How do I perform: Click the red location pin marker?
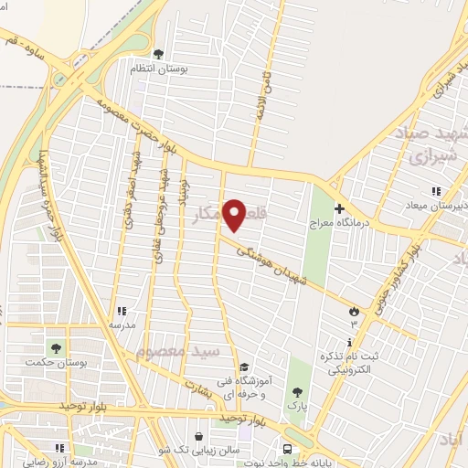point(235,215)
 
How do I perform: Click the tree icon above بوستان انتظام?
point(160,54)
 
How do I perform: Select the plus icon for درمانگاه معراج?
point(339,209)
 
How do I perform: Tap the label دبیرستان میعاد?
point(437,206)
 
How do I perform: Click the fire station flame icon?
point(353,312)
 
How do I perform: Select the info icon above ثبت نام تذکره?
point(349,341)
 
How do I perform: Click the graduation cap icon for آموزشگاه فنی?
point(243,367)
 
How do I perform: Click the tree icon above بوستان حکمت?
point(58,348)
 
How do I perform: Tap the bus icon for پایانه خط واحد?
point(287,449)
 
